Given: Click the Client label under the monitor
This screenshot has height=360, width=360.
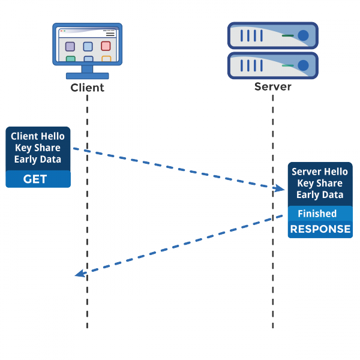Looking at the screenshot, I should coord(87,88).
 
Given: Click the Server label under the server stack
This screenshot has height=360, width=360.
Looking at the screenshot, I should coord(273,86).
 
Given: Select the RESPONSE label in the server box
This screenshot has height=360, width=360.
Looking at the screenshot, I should coord(320,229).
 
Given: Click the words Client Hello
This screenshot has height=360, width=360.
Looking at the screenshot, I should coord(38,137).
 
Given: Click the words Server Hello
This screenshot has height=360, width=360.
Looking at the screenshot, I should coord(320,172).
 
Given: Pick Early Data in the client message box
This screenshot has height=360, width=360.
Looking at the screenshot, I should coord(38,160).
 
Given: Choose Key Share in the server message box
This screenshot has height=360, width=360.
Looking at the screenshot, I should coord(320,183).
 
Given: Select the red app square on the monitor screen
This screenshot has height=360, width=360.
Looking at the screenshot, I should coord(106,46).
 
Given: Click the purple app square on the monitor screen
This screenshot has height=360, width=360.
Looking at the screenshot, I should coord(70,46).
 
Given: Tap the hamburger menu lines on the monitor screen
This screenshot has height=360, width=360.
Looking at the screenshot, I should coord(110,35).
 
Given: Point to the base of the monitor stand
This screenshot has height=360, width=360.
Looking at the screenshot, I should coord(87,76).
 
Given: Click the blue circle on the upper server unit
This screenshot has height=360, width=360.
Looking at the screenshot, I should coord(304,35).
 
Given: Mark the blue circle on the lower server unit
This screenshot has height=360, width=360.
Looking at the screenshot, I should coord(304,65).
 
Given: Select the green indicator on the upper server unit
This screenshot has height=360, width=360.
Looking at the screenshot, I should coord(288,36).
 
